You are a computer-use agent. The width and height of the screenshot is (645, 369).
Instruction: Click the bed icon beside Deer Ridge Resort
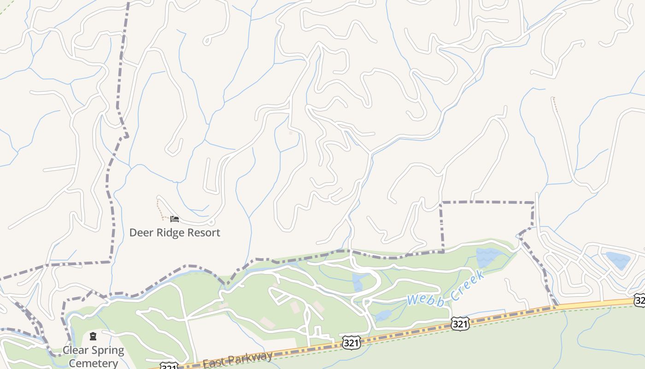coord(174,219)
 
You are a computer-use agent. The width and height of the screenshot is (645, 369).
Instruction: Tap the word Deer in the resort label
coord(140,232)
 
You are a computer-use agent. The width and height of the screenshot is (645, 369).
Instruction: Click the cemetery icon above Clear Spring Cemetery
coord(93,336)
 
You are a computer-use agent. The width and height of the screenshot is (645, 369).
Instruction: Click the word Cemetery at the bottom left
coord(93,363)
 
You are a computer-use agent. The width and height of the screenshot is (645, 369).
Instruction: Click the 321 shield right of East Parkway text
coord(351,342)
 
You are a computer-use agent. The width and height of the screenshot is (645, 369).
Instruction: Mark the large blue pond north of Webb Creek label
coord(489,257)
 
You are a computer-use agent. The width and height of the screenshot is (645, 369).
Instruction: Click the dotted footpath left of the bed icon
coord(159,208)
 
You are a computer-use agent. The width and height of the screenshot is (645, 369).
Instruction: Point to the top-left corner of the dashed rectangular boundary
coord(441,202)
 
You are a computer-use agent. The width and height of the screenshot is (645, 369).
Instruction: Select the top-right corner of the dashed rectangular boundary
coord(534,202)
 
